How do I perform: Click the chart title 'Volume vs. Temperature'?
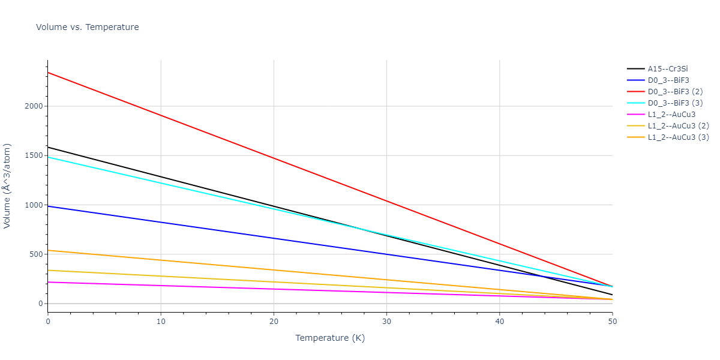88,27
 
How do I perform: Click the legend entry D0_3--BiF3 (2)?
675,92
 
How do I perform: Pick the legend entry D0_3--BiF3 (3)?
675,103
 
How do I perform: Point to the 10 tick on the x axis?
161,322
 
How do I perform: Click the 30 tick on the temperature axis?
386,322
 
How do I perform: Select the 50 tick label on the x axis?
612,322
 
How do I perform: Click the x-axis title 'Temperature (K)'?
330,338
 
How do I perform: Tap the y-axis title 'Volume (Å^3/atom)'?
8,185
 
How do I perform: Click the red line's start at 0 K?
48,73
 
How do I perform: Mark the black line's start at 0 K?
48,147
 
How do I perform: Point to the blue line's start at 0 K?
48,206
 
